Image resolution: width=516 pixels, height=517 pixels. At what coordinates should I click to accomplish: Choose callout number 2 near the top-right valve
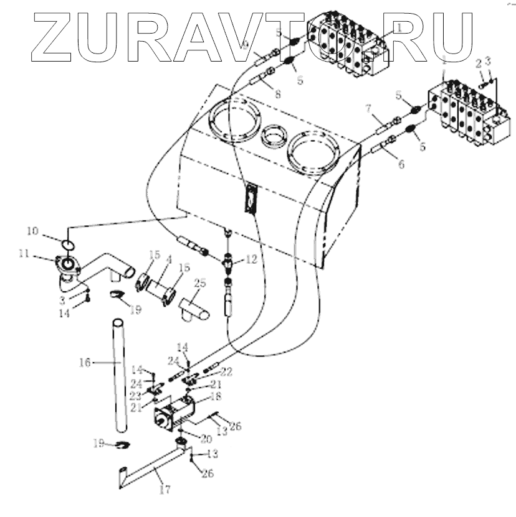(x=477, y=64)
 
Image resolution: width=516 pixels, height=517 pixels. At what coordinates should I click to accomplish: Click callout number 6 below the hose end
(x=401, y=165)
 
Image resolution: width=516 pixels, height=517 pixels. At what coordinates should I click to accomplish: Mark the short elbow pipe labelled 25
(x=195, y=309)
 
